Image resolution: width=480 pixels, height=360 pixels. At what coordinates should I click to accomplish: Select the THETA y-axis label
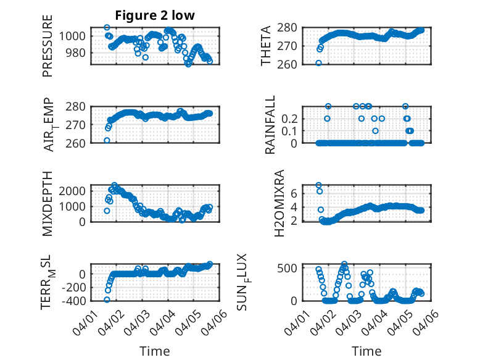[x=266, y=46]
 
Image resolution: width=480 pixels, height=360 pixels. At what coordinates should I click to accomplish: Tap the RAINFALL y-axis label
[x=270, y=125]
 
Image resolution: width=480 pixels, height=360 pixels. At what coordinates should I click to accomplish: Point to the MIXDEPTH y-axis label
[x=48, y=203]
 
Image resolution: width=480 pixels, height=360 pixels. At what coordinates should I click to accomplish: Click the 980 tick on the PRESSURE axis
[x=78, y=52]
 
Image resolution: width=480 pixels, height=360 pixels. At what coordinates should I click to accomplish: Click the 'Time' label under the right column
[x=366, y=351]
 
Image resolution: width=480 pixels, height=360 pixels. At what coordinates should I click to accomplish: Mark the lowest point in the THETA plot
[x=318, y=63]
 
